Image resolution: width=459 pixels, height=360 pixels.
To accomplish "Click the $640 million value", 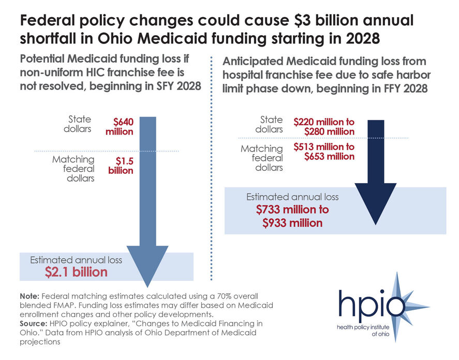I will pyautogui.click(x=123, y=127).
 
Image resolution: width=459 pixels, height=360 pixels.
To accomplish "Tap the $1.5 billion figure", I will pyautogui.click(x=121, y=166).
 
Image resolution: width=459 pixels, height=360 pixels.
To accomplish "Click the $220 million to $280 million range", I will pyautogui.click(x=324, y=127).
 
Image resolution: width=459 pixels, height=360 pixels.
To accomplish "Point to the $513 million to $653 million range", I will pyautogui.click(x=324, y=152).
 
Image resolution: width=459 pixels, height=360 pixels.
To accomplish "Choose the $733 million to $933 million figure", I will pyautogui.click(x=292, y=216).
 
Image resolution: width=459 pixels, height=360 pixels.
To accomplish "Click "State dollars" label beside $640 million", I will pyautogui.click(x=77, y=125).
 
